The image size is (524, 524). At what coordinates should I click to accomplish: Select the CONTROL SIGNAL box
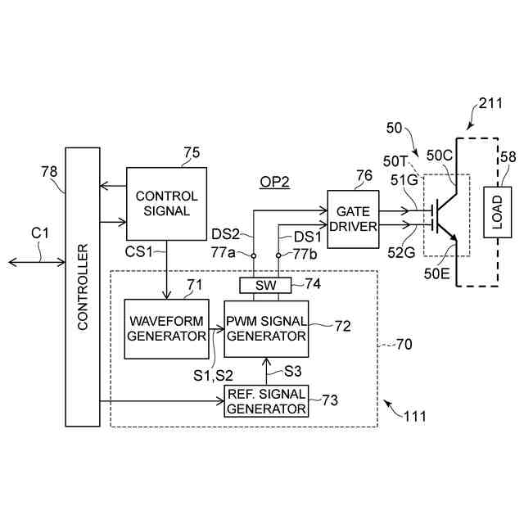166,203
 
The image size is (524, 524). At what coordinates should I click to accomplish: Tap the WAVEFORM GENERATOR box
166,328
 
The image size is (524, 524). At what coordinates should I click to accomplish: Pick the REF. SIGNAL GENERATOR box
266,401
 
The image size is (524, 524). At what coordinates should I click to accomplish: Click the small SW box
266,285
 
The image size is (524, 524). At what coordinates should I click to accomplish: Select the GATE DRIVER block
353,218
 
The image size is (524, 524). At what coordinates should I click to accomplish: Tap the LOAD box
496,212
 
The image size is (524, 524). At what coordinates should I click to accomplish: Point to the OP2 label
276,182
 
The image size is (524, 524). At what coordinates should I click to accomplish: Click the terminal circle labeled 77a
253,255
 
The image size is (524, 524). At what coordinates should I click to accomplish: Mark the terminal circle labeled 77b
278,255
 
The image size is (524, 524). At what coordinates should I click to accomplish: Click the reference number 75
192,151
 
